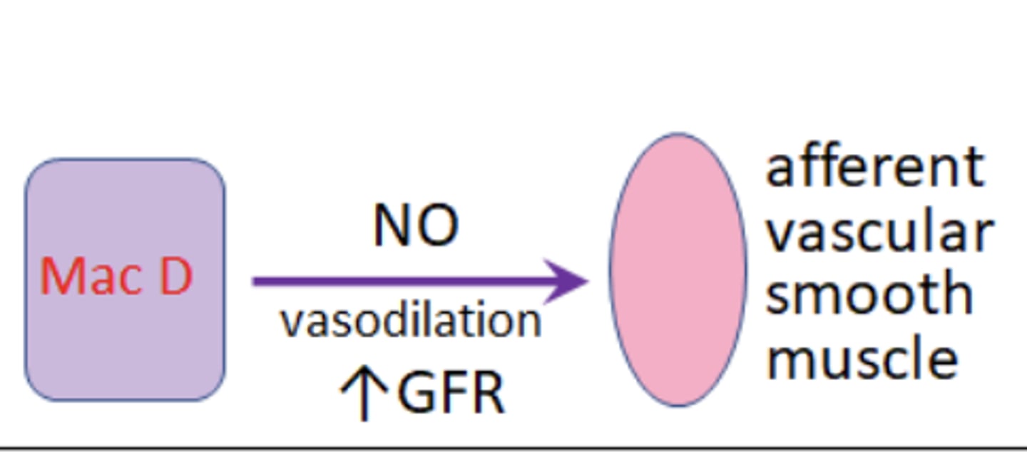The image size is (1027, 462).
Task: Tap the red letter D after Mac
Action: click(175, 277)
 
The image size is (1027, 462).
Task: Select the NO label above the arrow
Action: click(416, 227)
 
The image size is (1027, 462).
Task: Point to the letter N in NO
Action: click(393, 227)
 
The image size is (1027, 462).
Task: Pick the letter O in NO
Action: click(438, 227)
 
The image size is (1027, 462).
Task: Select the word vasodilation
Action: click(412, 321)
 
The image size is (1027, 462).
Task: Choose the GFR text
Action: click(451, 392)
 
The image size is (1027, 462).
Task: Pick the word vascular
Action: click(879, 232)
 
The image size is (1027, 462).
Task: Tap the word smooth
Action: click(869, 294)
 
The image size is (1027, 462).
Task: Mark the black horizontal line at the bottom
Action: click(513, 449)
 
